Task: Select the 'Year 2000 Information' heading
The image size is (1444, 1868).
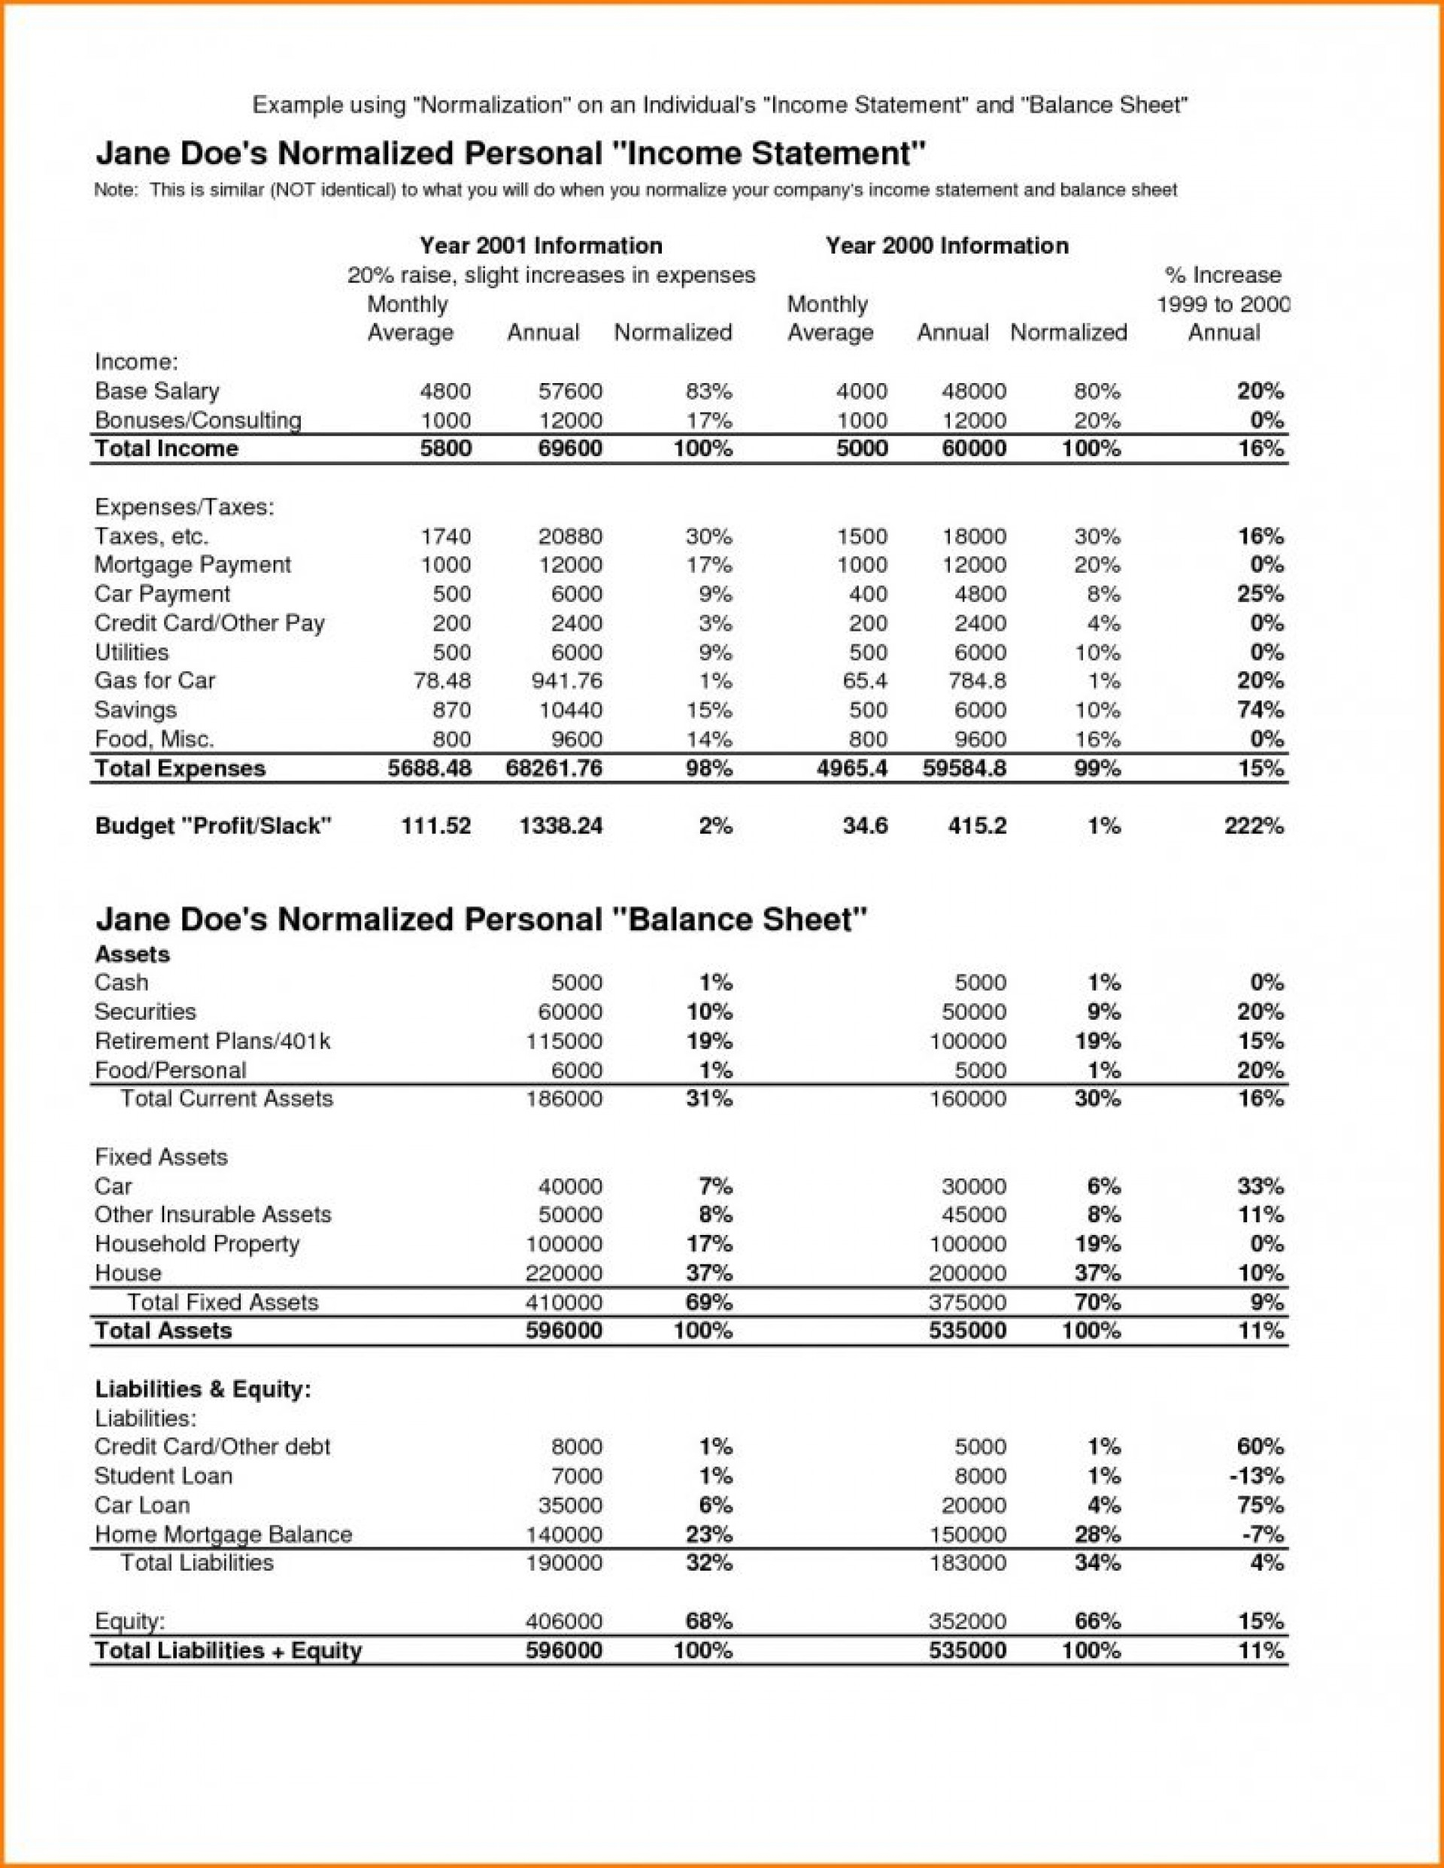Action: click(946, 245)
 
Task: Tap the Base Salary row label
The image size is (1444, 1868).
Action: click(157, 391)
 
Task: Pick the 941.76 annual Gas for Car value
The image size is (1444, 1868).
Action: click(571, 681)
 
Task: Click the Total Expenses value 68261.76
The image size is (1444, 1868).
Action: click(554, 768)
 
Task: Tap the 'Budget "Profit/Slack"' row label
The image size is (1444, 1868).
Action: click(213, 826)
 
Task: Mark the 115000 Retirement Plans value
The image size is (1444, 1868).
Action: click(564, 1041)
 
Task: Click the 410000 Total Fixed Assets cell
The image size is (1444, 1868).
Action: click(564, 1302)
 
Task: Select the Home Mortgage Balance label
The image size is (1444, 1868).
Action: click(223, 1535)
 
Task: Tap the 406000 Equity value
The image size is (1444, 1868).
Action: click(564, 1621)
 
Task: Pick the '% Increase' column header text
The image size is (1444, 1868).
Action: click(1224, 275)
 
